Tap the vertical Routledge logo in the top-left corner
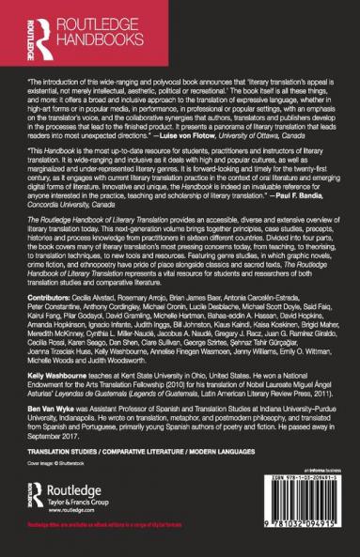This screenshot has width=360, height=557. (19, 28)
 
